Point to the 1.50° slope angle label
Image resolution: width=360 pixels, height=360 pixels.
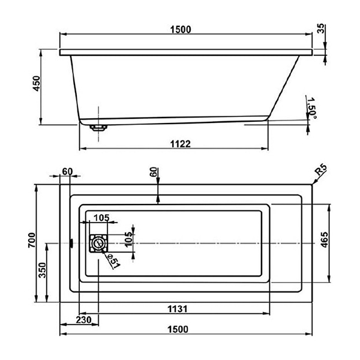tap(310, 107)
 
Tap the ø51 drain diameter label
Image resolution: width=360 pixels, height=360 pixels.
tap(113, 259)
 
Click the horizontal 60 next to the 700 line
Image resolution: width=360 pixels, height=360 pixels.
tap(67, 173)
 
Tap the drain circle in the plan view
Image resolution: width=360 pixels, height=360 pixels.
tap(98, 244)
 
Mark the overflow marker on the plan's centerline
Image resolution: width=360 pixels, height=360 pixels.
tap(71, 244)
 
